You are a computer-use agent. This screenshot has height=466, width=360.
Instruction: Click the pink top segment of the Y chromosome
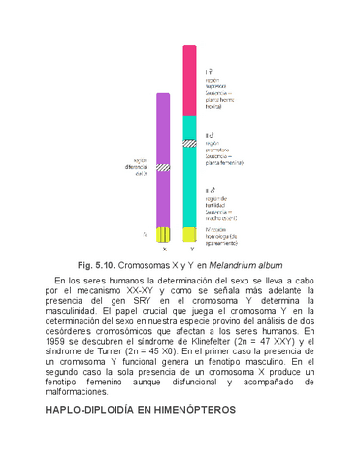(191, 83)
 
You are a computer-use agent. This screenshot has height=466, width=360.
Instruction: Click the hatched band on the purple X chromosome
(164, 167)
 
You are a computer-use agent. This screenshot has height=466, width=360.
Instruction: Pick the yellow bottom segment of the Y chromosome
(191, 234)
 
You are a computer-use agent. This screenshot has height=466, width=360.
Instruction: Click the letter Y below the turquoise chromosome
(191, 250)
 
